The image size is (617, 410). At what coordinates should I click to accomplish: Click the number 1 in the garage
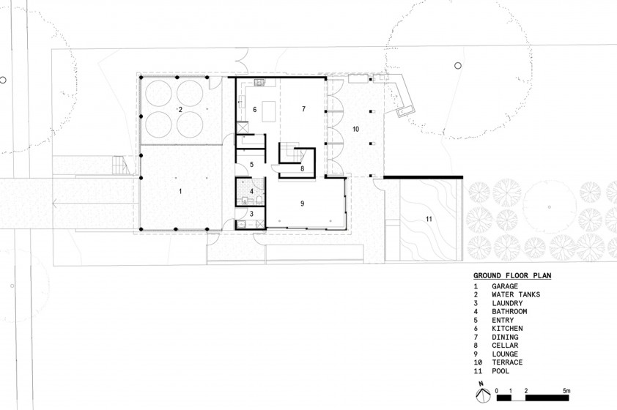180,191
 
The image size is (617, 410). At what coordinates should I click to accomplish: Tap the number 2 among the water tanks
180,110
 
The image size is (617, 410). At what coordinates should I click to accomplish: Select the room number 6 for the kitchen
254,110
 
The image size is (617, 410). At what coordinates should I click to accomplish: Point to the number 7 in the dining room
303,109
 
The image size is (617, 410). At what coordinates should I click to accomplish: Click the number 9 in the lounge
302,204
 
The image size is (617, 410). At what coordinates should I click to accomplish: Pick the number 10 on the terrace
355,129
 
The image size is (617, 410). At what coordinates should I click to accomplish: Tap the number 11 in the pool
429,219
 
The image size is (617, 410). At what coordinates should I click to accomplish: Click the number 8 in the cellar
302,168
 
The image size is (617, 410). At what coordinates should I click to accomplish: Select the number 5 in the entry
252,165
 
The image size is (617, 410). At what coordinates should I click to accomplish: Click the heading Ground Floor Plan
512,275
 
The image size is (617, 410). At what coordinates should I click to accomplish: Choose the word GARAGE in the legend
505,286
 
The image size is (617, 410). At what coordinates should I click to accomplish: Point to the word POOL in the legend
500,370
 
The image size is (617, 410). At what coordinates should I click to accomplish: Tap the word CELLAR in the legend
505,345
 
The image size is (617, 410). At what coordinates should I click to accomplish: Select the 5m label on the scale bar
566,391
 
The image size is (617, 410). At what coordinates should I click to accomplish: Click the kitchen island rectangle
269,111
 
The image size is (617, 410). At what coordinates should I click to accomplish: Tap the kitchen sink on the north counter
259,83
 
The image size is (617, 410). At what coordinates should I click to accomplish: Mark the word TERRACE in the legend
507,362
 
